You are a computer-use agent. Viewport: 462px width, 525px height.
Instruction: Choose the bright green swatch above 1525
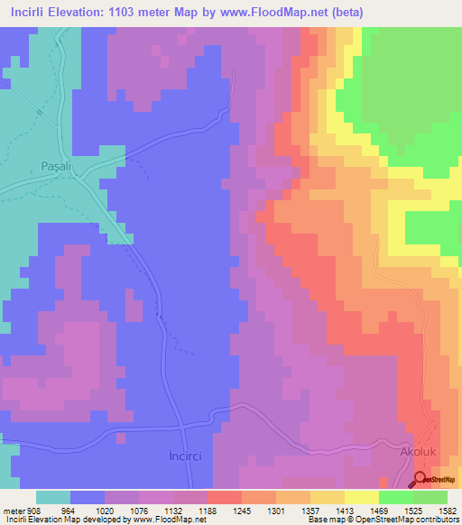[396, 497]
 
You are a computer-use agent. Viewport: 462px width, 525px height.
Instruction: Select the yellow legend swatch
[362, 497]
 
